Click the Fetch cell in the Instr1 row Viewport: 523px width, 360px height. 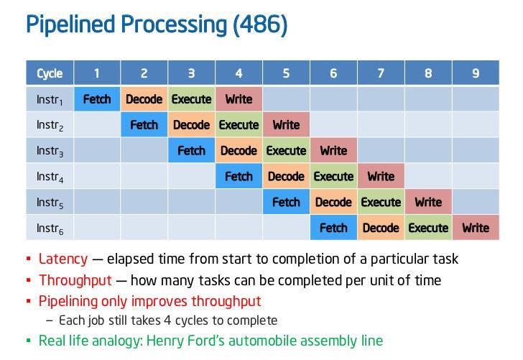[x=97, y=99]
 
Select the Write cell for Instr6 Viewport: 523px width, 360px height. [x=476, y=228]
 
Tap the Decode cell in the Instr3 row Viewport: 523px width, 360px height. [x=239, y=150]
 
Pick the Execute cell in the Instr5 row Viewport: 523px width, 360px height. [x=381, y=202]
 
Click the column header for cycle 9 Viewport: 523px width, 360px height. [x=476, y=73]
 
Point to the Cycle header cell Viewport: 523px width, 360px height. [x=50, y=73]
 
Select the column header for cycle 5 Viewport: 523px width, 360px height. [x=286, y=73]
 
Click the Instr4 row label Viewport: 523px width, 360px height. [x=50, y=177]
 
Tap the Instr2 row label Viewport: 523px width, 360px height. [x=50, y=125]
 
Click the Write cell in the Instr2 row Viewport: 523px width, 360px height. [x=286, y=125]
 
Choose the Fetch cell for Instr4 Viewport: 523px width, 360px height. [x=239, y=176]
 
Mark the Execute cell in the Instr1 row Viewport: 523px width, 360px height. [x=191, y=99]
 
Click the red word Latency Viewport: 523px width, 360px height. [x=63, y=259]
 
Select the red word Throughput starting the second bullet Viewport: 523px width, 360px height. [x=75, y=280]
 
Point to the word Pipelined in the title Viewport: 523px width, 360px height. [x=70, y=24]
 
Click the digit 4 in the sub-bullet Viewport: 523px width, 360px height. [x=167, y=320]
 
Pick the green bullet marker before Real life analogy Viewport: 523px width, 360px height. [x=29, y=341]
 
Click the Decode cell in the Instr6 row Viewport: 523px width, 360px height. [x=381, y=228]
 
